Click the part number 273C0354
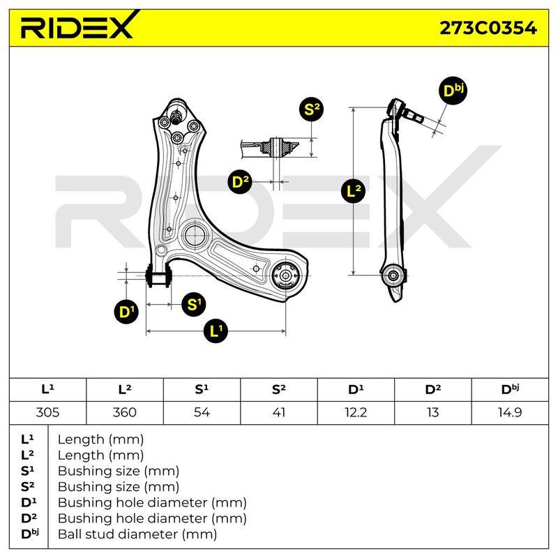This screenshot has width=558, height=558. coord(488,28)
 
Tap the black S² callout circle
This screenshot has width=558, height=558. coord(311,109)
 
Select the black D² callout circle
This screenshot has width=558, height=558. coord(239,181)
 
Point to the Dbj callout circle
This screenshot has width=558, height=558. coord(453,91)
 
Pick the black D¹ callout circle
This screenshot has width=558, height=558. coord(126,312)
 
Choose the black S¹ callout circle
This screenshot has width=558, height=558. coord(194,304)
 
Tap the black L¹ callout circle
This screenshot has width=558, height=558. coord(216,331)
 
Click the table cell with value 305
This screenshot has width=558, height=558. coord(47,412)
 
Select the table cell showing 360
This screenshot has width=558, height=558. coord(125,412)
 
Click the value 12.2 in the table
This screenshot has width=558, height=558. coord(356,412)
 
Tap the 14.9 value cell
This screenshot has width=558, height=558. coord(510,412)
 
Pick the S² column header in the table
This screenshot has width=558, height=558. coord(278,390)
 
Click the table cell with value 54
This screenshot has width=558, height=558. coord(202,412)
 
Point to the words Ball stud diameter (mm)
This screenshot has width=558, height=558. coord(137,534)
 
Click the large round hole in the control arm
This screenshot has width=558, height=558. coord(195,234)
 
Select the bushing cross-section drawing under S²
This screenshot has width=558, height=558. coord(270,147)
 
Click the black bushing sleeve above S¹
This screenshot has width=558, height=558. coord(159,275)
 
